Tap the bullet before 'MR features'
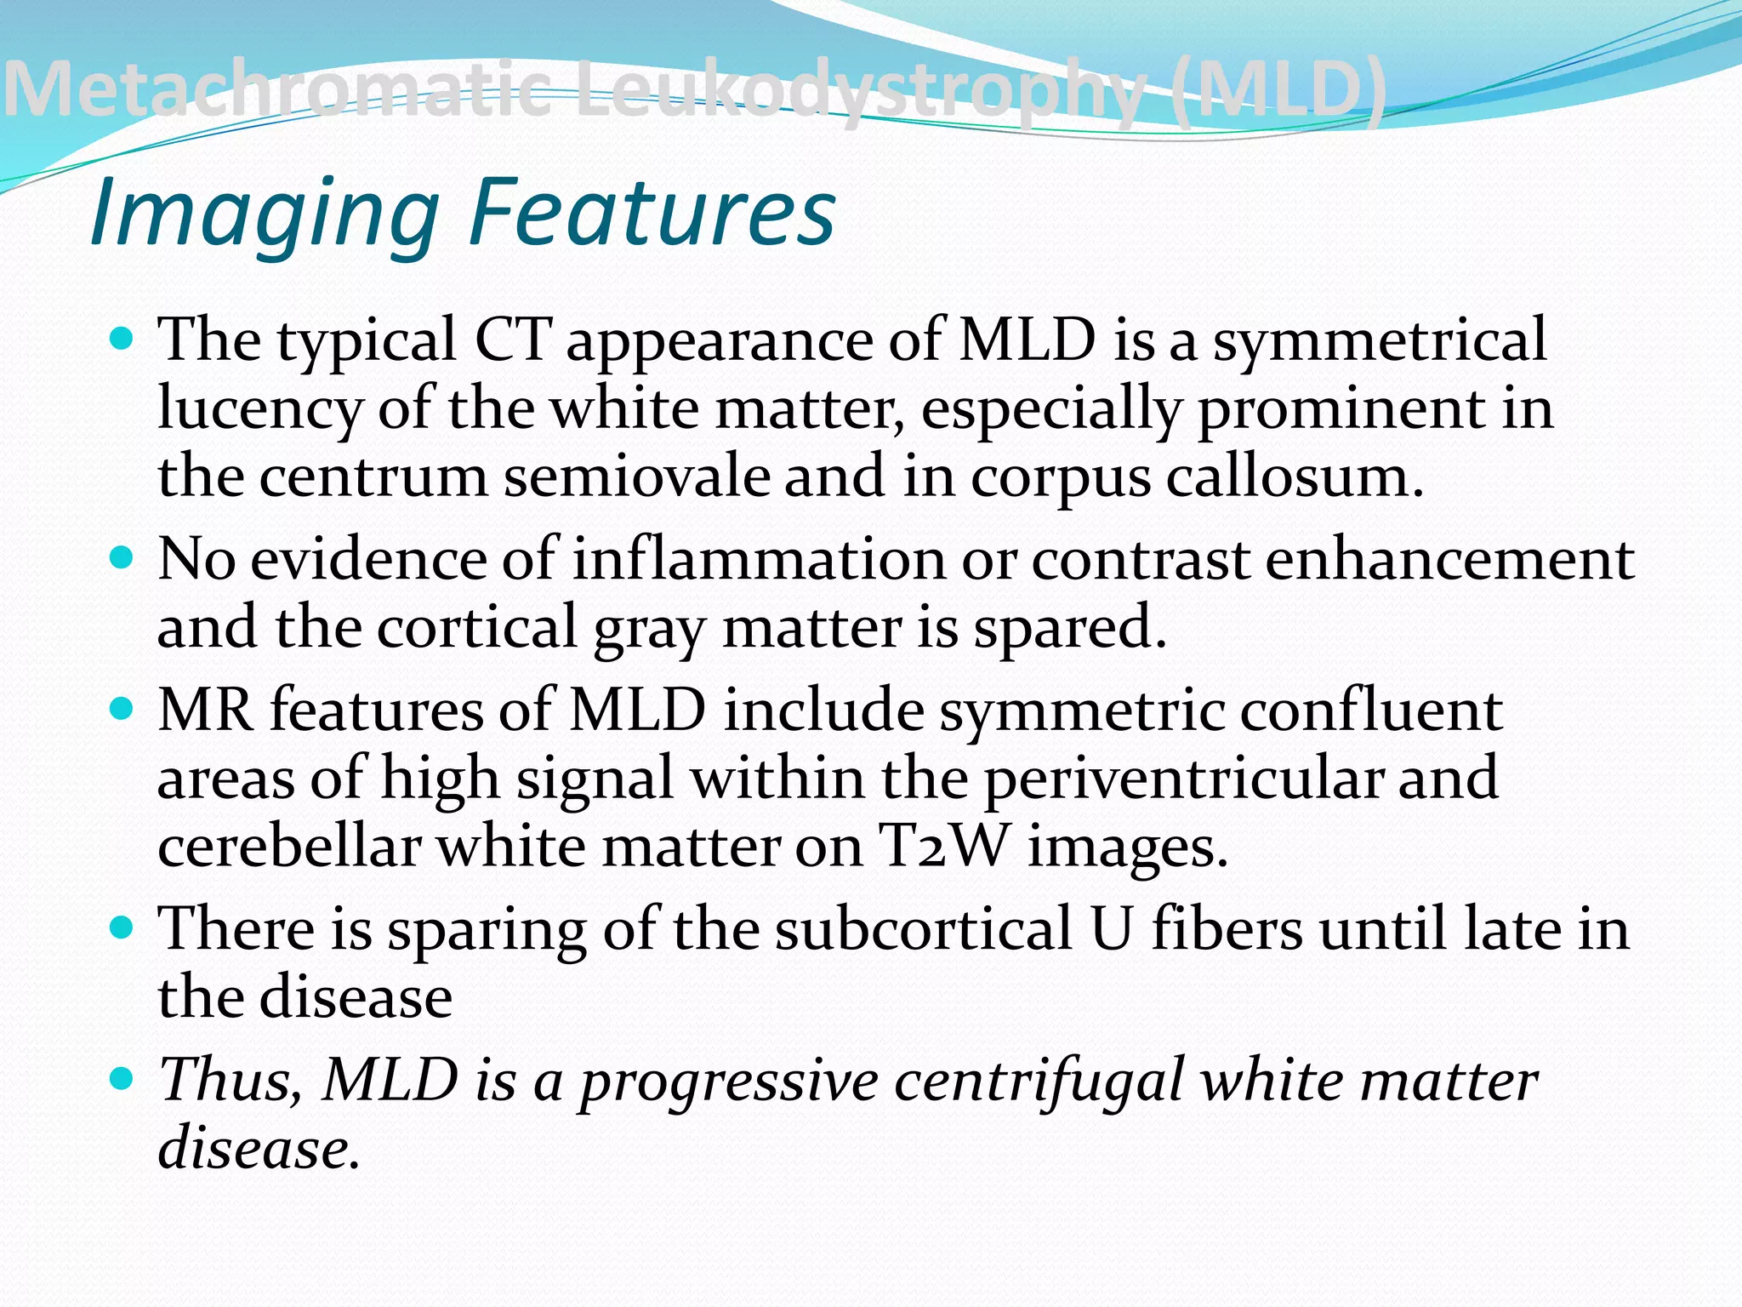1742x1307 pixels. pos(122,709)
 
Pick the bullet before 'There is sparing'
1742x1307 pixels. pos(122,927)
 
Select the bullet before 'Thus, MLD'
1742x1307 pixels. pos(122,1079)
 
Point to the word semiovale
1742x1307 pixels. pos(636,477)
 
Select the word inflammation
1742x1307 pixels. pos(758,560)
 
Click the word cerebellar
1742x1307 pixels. pos(289,847)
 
